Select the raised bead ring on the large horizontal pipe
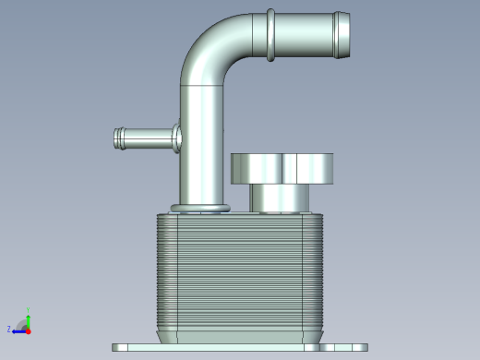(270, 35)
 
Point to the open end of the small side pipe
(118, 138)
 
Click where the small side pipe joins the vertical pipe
(177, 138)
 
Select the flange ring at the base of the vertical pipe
(199, 207)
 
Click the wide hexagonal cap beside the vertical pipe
(282, 169)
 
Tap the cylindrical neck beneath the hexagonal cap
(282, 198)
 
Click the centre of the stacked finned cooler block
(240, 272)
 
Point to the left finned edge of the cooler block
(161, 272)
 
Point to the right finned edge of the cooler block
(320, 272)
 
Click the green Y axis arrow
(28, 316)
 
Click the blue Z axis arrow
(18, 330)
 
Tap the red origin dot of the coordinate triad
(28, 330)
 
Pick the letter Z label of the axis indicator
(9, 329)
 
